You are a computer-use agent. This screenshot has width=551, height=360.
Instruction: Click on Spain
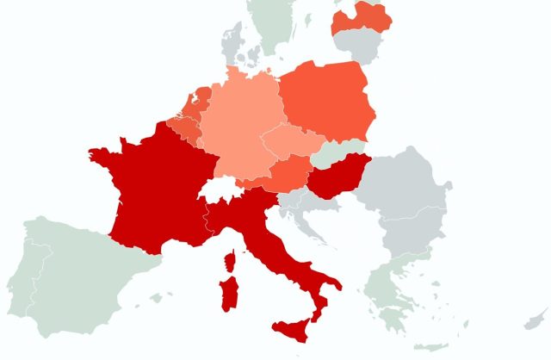pos(86,276)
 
